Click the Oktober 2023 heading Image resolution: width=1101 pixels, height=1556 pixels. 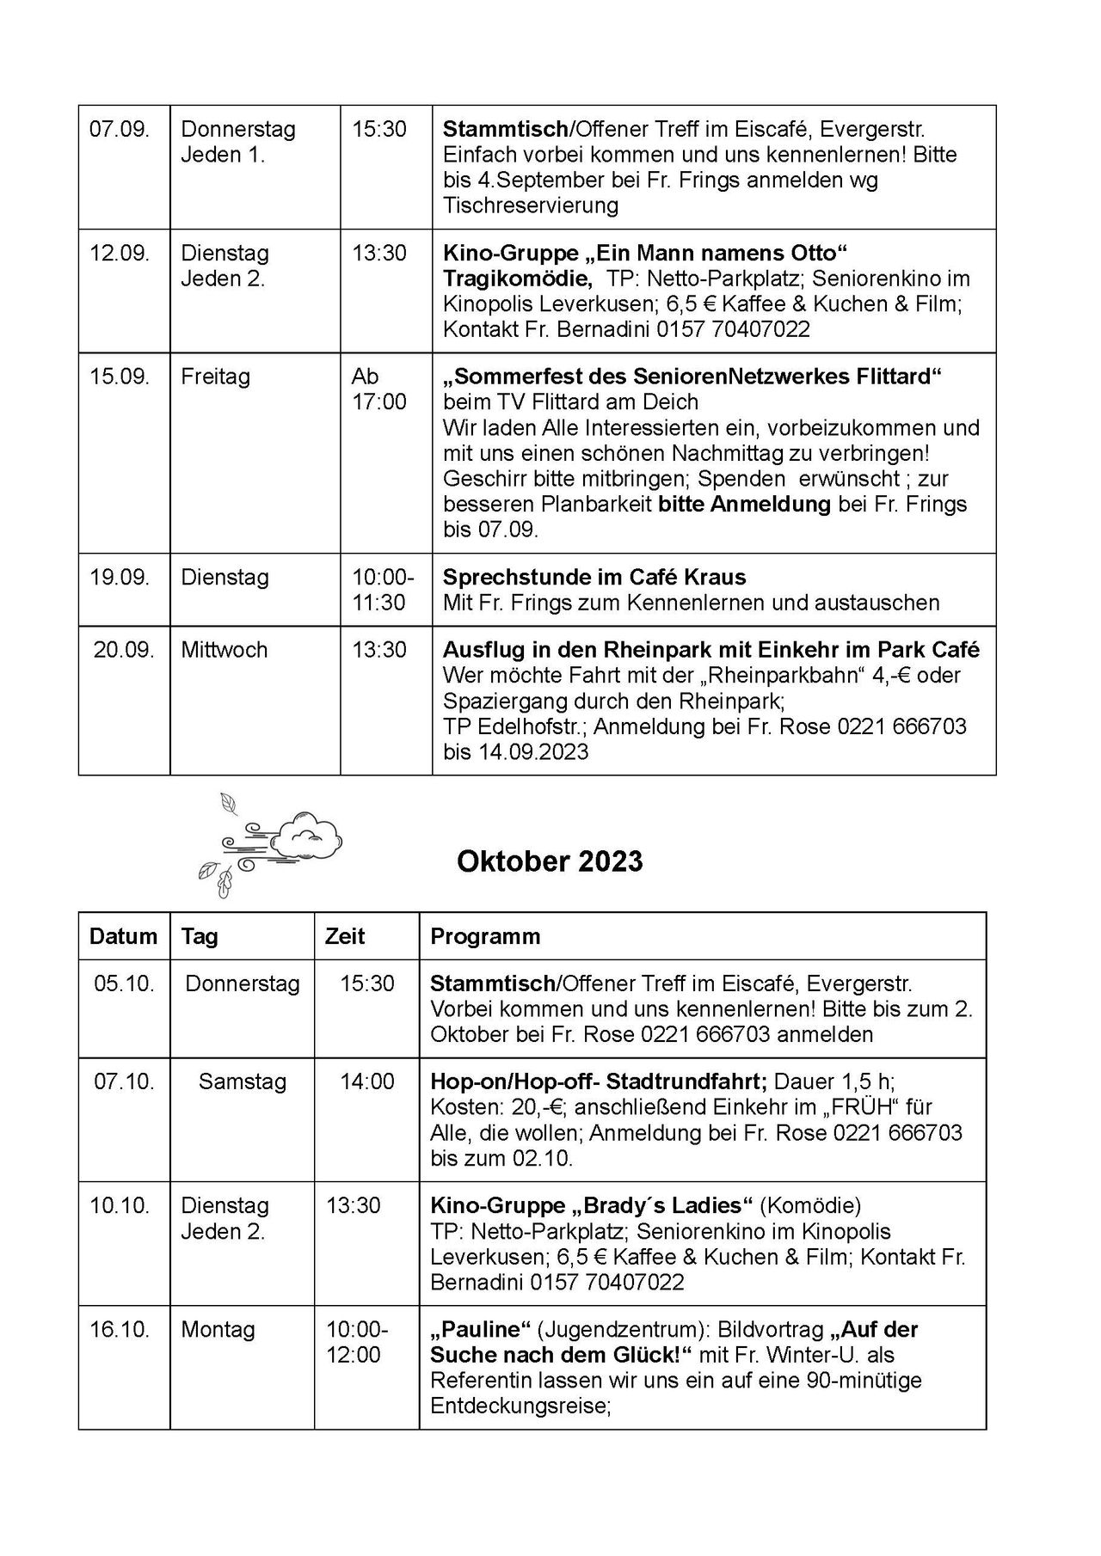pyautogui.click(x=550, y=861)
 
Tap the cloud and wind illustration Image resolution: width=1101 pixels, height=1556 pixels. pyautogui.click(x=268, y=843)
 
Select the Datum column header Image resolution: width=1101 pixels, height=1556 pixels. pyautogui.click(x=123, y=936)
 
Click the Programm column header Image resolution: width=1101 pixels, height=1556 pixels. pyautogui.click(x=485, y=936)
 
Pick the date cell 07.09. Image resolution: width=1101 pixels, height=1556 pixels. pyautogui.click(x=120, y=130)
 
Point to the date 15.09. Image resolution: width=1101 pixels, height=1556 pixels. pyautogui.click(x=120, y=377)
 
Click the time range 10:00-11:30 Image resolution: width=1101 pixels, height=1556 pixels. pyautogui.click(x=382, y=590)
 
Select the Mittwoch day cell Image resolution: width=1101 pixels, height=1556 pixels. pyautogui.click(x=224, y=650)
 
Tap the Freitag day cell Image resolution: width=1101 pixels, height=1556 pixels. pyautogui.click(x=215, y=377)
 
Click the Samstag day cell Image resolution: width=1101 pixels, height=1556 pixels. pyautogui.click(x=242, y=1081)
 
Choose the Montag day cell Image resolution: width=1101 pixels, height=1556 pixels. pyautogui.click(x=218, y=1329)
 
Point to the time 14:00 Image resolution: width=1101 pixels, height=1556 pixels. pyautogui.click(x=366, y=1081)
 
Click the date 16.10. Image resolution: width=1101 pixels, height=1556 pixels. pyautogui.click(x=120, y=1329)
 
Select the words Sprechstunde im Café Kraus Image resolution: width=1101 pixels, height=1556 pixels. pyautogui.click(x=594, y=577)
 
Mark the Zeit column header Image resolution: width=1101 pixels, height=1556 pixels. pyautogui.click(x=345, y=936)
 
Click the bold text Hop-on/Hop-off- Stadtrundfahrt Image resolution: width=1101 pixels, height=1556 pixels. pyautogui.click(x=598, y=1081)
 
